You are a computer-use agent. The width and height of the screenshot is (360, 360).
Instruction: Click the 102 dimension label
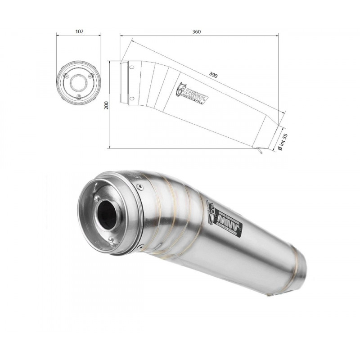tap(79, 32)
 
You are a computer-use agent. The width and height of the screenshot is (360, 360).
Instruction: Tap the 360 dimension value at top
tap(196, 32)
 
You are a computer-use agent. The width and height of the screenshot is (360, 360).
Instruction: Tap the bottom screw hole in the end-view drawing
tap(78, 96)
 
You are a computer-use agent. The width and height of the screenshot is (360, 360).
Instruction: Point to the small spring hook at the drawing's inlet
tap(260, 151)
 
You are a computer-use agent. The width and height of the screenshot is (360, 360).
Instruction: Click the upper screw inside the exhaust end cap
tap(96, 198)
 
